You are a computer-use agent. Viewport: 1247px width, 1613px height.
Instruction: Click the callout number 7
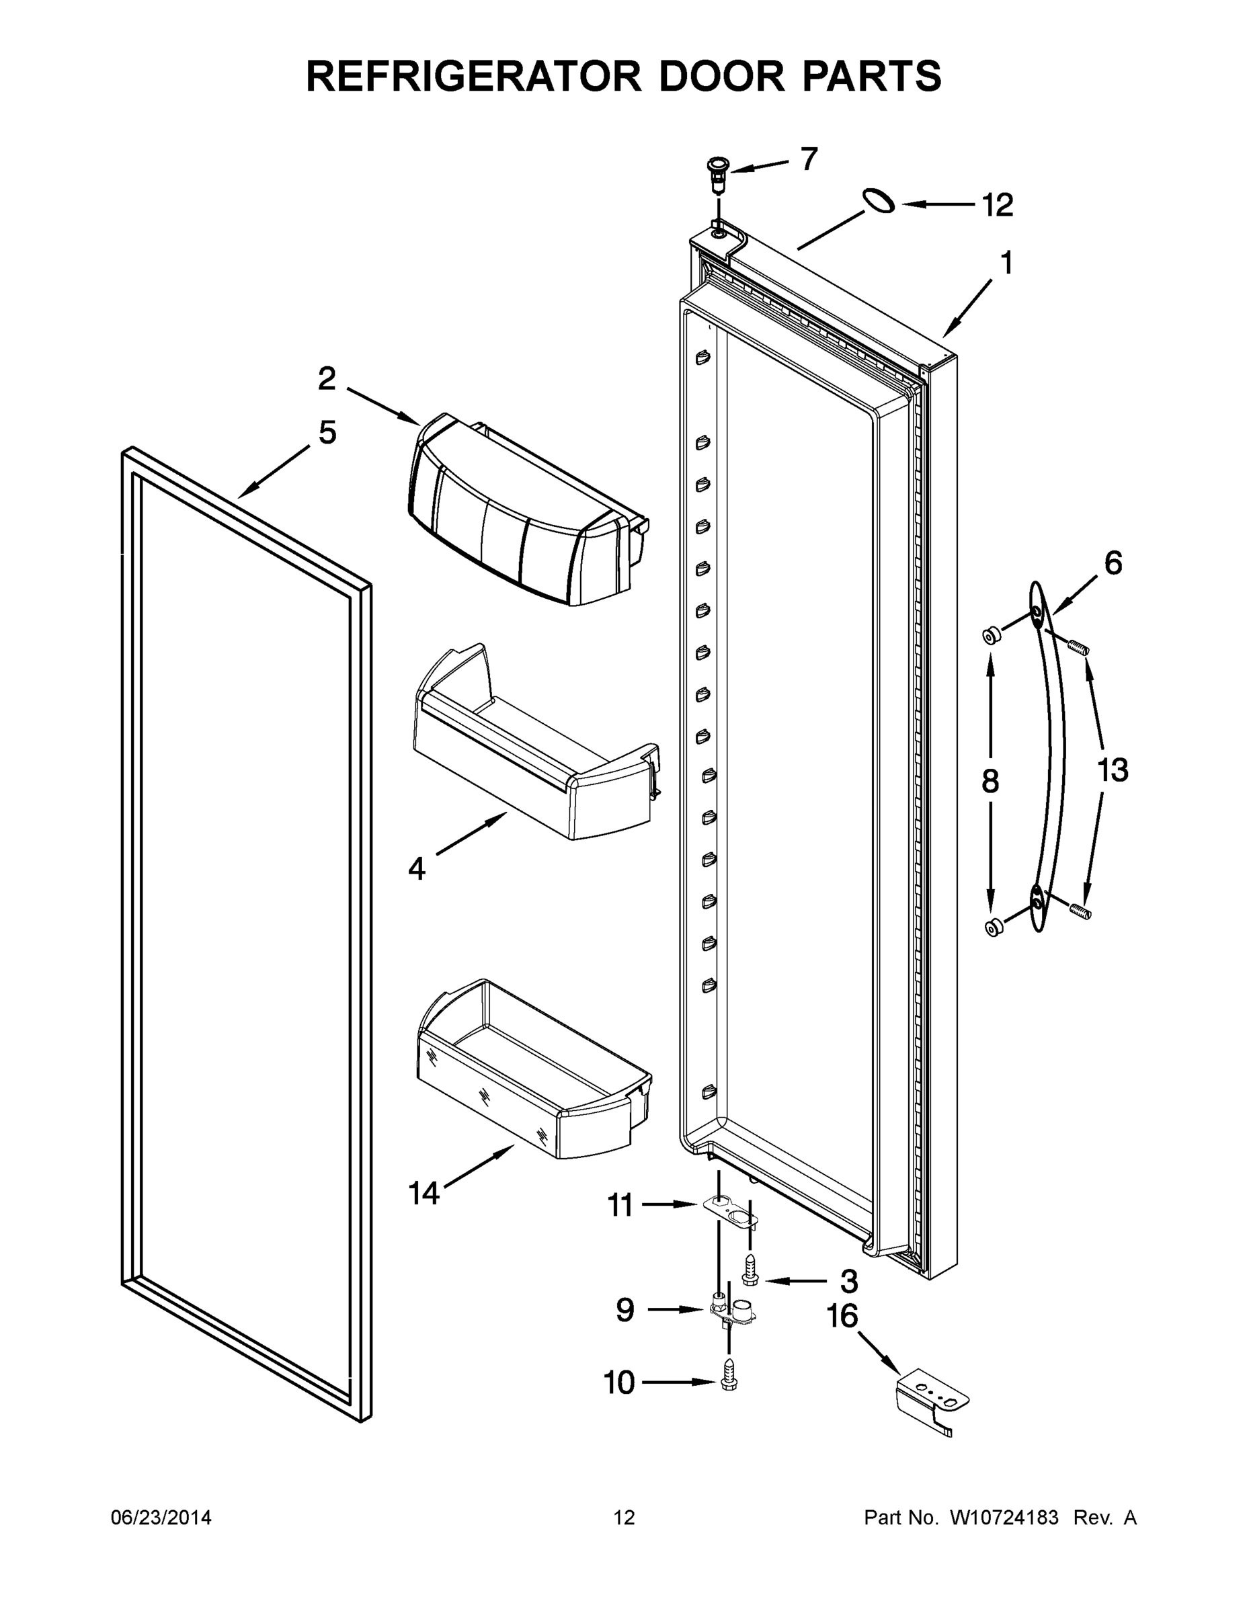(809, 159)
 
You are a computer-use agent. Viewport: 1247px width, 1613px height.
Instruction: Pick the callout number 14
(424, 1193)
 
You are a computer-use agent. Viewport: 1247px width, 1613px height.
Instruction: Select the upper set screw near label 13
(1080, 648)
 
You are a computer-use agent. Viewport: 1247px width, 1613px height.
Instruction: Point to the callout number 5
(327, 432)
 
